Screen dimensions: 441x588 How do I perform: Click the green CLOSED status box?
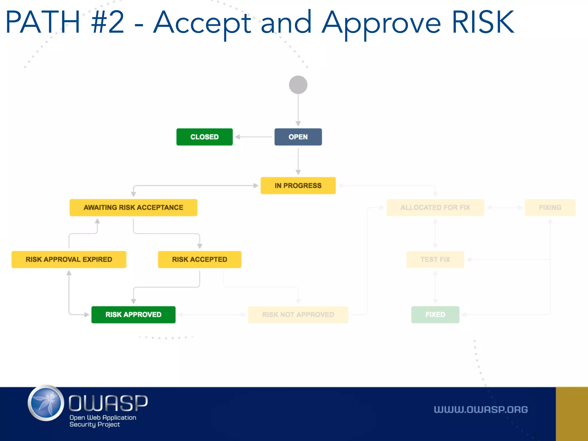tap(204, 137)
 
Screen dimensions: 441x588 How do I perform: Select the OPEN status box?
tap(298, 137)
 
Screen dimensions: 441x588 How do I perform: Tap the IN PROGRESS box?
tap(298, 185)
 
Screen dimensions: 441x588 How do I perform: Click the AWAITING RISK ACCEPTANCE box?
tap(133, 207)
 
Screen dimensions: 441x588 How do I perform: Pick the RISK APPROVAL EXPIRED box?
tap(69, 259)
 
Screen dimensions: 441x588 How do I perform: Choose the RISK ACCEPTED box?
tap(200, 259)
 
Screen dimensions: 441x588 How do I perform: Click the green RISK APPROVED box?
tap(133, 315)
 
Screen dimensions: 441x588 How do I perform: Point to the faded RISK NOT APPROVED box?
tap(298, 315)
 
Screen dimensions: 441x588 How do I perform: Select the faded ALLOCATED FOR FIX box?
tap(435, 207)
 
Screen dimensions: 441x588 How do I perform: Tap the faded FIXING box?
tap(550, 207)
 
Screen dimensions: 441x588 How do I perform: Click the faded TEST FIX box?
tap(435, 259)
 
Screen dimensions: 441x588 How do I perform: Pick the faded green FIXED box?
tap(435, 315)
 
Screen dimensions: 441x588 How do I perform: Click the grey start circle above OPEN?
tap(298, 85)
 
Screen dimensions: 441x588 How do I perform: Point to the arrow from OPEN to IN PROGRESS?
tap(298, 161)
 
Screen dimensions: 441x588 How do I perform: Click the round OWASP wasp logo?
tap(46, 403)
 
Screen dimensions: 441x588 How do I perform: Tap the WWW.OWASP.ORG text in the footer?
tap(481, 409)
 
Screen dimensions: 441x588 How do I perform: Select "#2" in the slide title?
tap(108, 22)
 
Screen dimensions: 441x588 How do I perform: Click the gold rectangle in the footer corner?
tap(572, 414)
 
